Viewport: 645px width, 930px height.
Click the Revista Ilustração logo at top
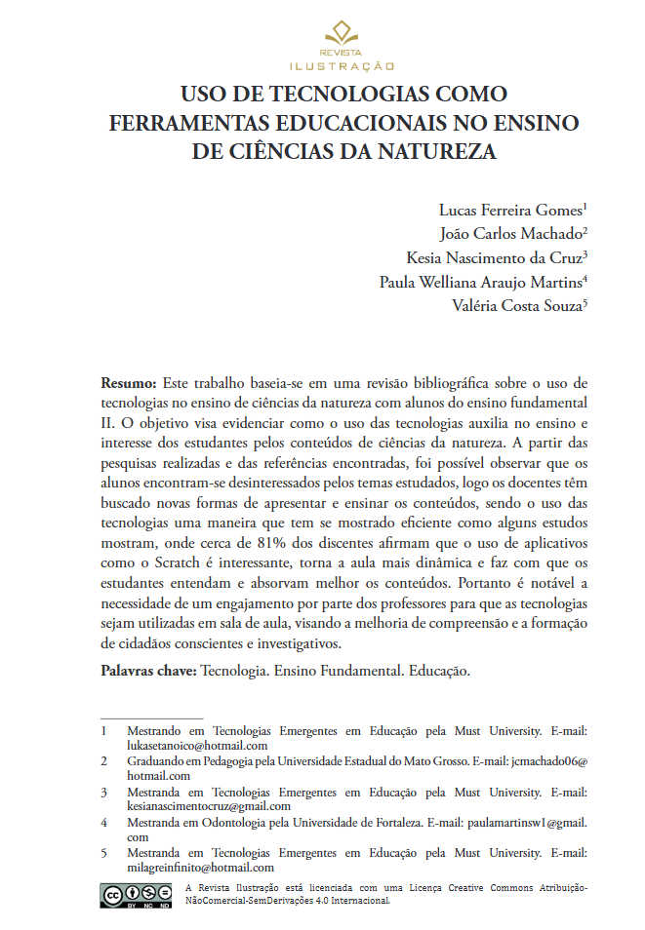[342, 45]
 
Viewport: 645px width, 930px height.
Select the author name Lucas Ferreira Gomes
[510, 211]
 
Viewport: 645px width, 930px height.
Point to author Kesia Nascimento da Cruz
[494, 258]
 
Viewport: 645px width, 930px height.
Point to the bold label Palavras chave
[148, 673]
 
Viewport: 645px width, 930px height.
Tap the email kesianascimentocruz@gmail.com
[209, 806]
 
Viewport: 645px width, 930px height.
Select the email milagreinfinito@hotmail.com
[200, 867]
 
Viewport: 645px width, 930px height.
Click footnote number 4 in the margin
[103, 823]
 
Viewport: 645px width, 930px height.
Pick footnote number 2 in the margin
[103, 761]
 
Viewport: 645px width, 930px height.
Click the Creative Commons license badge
[135, 895]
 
